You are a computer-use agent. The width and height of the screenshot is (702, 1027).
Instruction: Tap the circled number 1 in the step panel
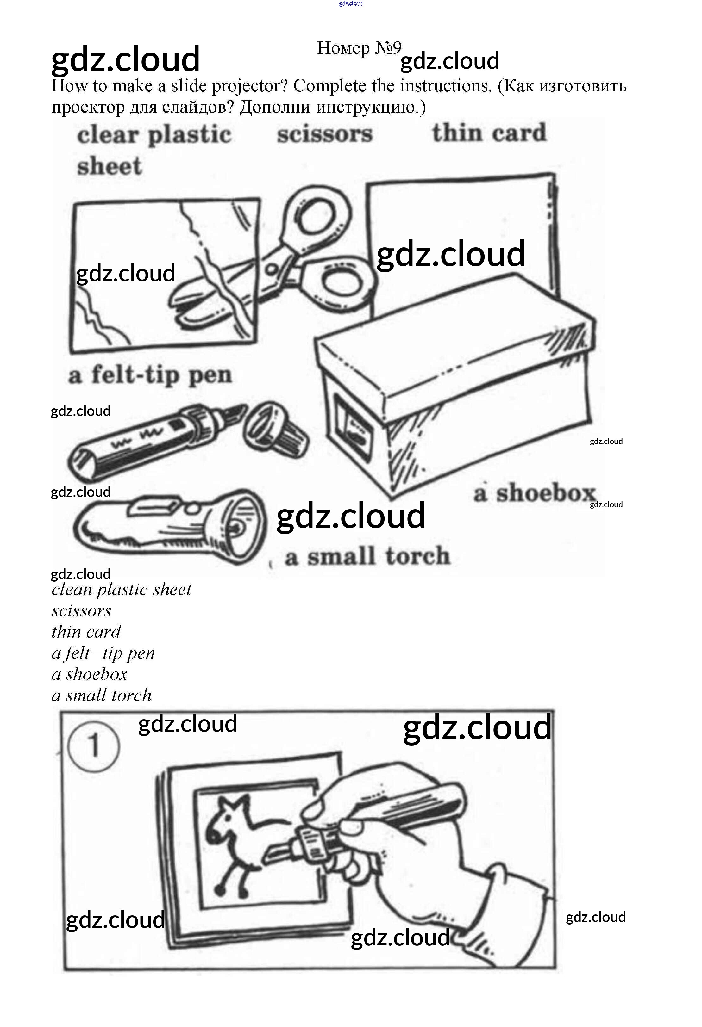click(93, 746)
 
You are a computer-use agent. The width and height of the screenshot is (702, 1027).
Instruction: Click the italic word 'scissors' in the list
click(81, 611)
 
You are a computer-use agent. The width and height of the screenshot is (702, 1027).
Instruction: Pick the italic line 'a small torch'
click(101, 696)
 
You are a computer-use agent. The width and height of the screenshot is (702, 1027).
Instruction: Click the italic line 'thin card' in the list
click(86, 632)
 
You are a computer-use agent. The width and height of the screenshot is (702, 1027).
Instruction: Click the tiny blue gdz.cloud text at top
click(351, 3)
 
